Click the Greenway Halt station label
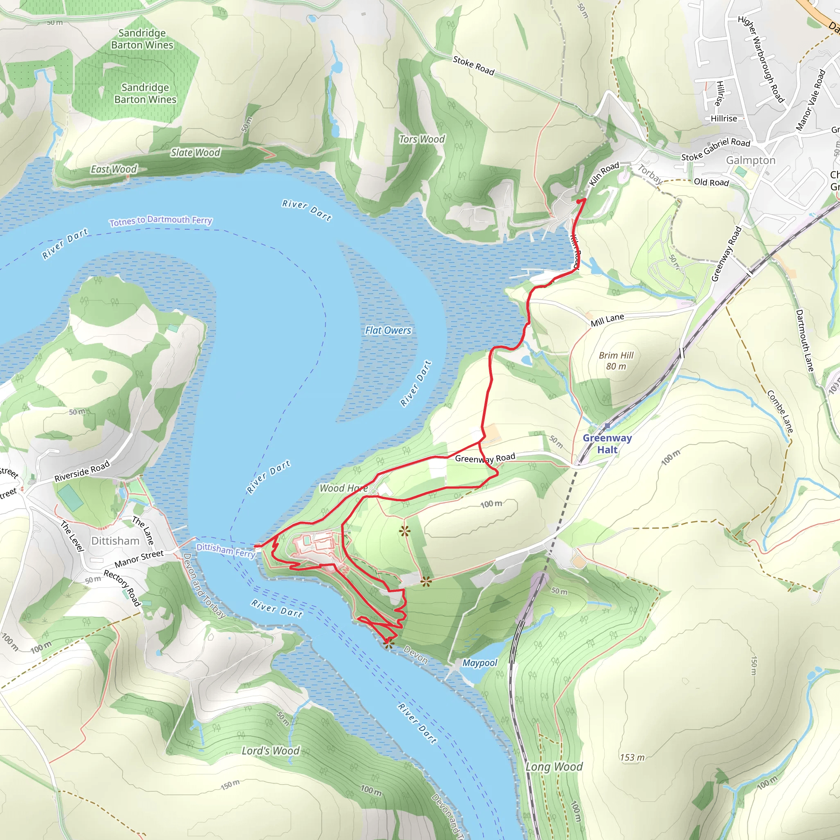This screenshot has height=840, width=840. point(607,444)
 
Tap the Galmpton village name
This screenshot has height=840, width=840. point(751,160)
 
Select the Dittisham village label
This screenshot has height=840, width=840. point(115,541)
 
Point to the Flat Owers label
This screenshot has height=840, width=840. point(388,331)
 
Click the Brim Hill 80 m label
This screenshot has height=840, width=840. point(616,361)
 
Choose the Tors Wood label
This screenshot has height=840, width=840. point(422,139)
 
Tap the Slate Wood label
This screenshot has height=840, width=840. point(195,153)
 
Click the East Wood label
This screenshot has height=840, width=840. point(114,169)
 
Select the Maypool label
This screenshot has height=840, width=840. point(479,663)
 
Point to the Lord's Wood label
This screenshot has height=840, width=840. point(270,751)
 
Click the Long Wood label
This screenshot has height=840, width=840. point(554,767)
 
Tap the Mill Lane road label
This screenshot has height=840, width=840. point(607,320)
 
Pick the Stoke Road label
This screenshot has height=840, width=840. point(473,66)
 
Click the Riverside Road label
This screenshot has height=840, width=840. point(82,472)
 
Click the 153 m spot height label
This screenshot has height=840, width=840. point(632,758)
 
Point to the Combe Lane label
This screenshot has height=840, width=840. point(780,411)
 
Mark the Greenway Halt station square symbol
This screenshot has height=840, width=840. point(607,426)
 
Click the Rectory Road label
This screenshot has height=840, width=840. point(123,588)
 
